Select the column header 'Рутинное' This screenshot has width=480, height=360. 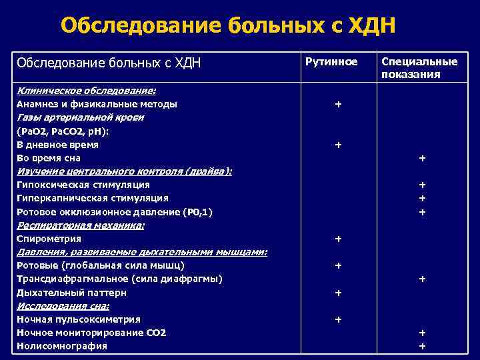click(331, 62)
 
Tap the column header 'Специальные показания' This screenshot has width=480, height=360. click(419, 68)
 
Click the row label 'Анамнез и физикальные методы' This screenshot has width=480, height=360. click(97, 104)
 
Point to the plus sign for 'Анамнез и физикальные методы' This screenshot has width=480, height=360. click(338, 105)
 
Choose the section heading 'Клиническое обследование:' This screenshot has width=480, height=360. click(86, 91)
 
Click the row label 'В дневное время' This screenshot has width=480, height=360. click(57, 144)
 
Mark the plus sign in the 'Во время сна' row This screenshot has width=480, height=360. click(421, 158)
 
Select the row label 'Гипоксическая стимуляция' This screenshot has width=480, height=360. click(83, 185)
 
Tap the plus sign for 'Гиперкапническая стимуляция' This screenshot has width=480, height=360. click(421, 198)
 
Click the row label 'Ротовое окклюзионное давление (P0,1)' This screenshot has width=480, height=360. click(115, 212)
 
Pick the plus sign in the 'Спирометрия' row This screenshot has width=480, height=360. click(338, 239)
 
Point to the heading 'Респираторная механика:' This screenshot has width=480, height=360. click(81, 225)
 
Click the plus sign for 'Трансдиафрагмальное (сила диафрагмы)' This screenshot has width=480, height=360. click(421, 279)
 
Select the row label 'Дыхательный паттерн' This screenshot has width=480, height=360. click(71, 293)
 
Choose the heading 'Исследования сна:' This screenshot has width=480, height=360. click(63, 306)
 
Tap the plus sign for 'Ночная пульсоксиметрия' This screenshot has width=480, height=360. click(338, 320)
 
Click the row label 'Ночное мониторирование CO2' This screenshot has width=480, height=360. click(91, 333)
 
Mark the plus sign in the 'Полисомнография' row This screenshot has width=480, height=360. click(421, 346)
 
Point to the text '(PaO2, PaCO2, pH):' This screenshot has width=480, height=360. click(62, 131)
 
